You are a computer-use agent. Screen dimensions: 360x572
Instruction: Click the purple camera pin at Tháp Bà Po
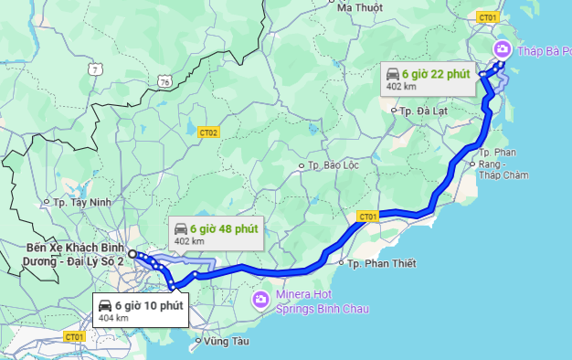coord(502,48)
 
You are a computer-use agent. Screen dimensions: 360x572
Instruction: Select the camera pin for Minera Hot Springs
coord(260,298)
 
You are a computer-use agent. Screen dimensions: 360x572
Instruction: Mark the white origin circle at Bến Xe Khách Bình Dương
coord(132,254)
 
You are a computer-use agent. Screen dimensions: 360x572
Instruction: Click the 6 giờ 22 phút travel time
coord(440,73)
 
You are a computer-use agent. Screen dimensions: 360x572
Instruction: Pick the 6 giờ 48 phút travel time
coord(226,228)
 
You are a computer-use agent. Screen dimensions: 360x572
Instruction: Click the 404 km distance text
coord(112,318)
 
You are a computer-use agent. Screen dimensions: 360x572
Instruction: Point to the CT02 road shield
coord(208,132)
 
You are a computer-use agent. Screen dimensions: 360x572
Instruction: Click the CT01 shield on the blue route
coord(367,217)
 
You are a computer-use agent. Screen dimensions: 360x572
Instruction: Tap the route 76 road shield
coord(164,81)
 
